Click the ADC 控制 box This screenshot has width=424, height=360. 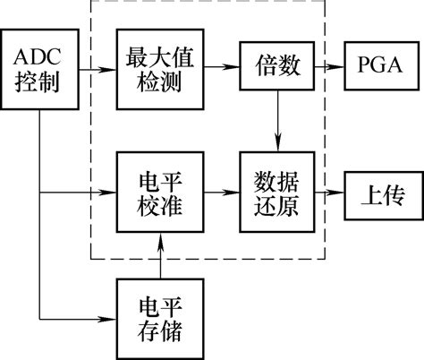(41, 67)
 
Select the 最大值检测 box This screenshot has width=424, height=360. (161, 67)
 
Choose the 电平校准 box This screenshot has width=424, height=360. (161, 191)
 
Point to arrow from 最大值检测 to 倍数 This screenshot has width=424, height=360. (223, 67)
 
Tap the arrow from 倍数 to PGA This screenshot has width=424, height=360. (326, 67)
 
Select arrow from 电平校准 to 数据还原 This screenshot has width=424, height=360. (223, 191)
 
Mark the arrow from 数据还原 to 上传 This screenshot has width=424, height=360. (326, 191)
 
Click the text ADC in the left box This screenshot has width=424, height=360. (41, 56)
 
